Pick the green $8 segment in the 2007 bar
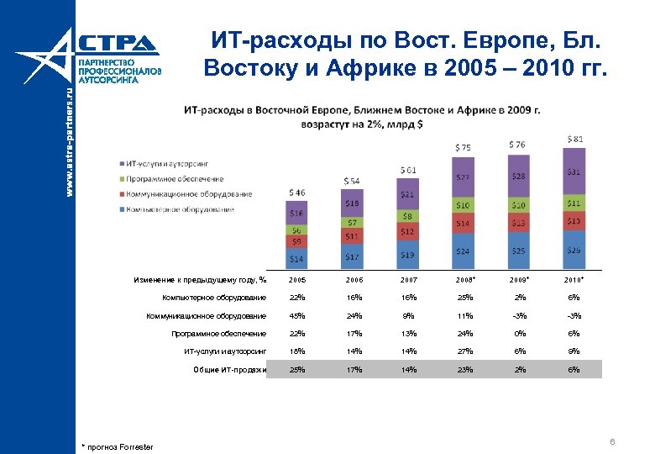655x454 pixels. [x=407, y=215]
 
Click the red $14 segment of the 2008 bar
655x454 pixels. [x=463, y=223]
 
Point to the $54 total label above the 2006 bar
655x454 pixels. [x=351, y=181]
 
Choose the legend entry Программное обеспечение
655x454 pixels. [x=176, y=179]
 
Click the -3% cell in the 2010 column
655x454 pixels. [x=574, y=316]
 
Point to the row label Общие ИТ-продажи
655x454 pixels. [x=229, y=369]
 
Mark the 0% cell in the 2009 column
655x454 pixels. [x=519, y=334]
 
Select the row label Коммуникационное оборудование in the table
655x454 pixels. [x=206, y=316]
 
